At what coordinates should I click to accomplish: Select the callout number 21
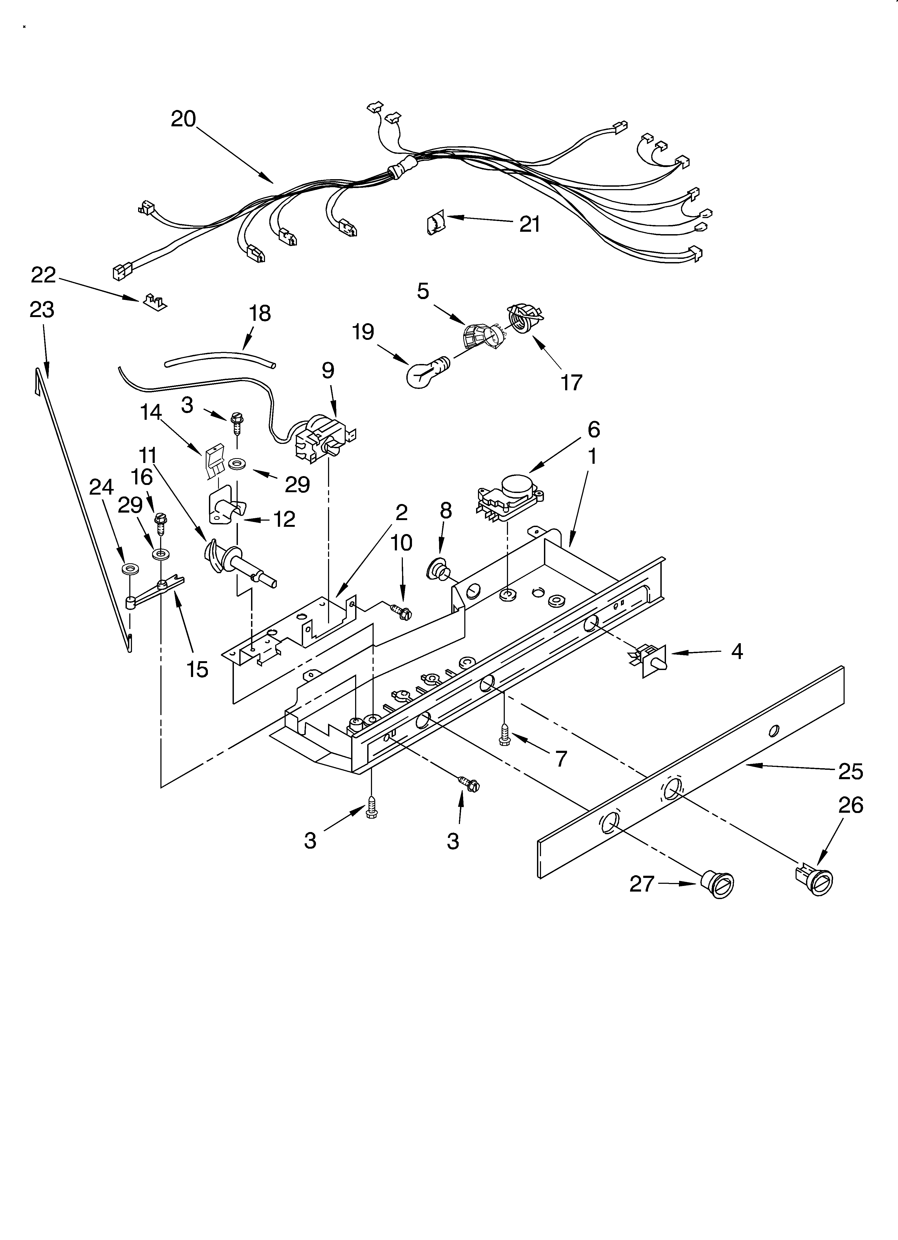point(529,224)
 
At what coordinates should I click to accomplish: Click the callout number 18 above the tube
point(260,313)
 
